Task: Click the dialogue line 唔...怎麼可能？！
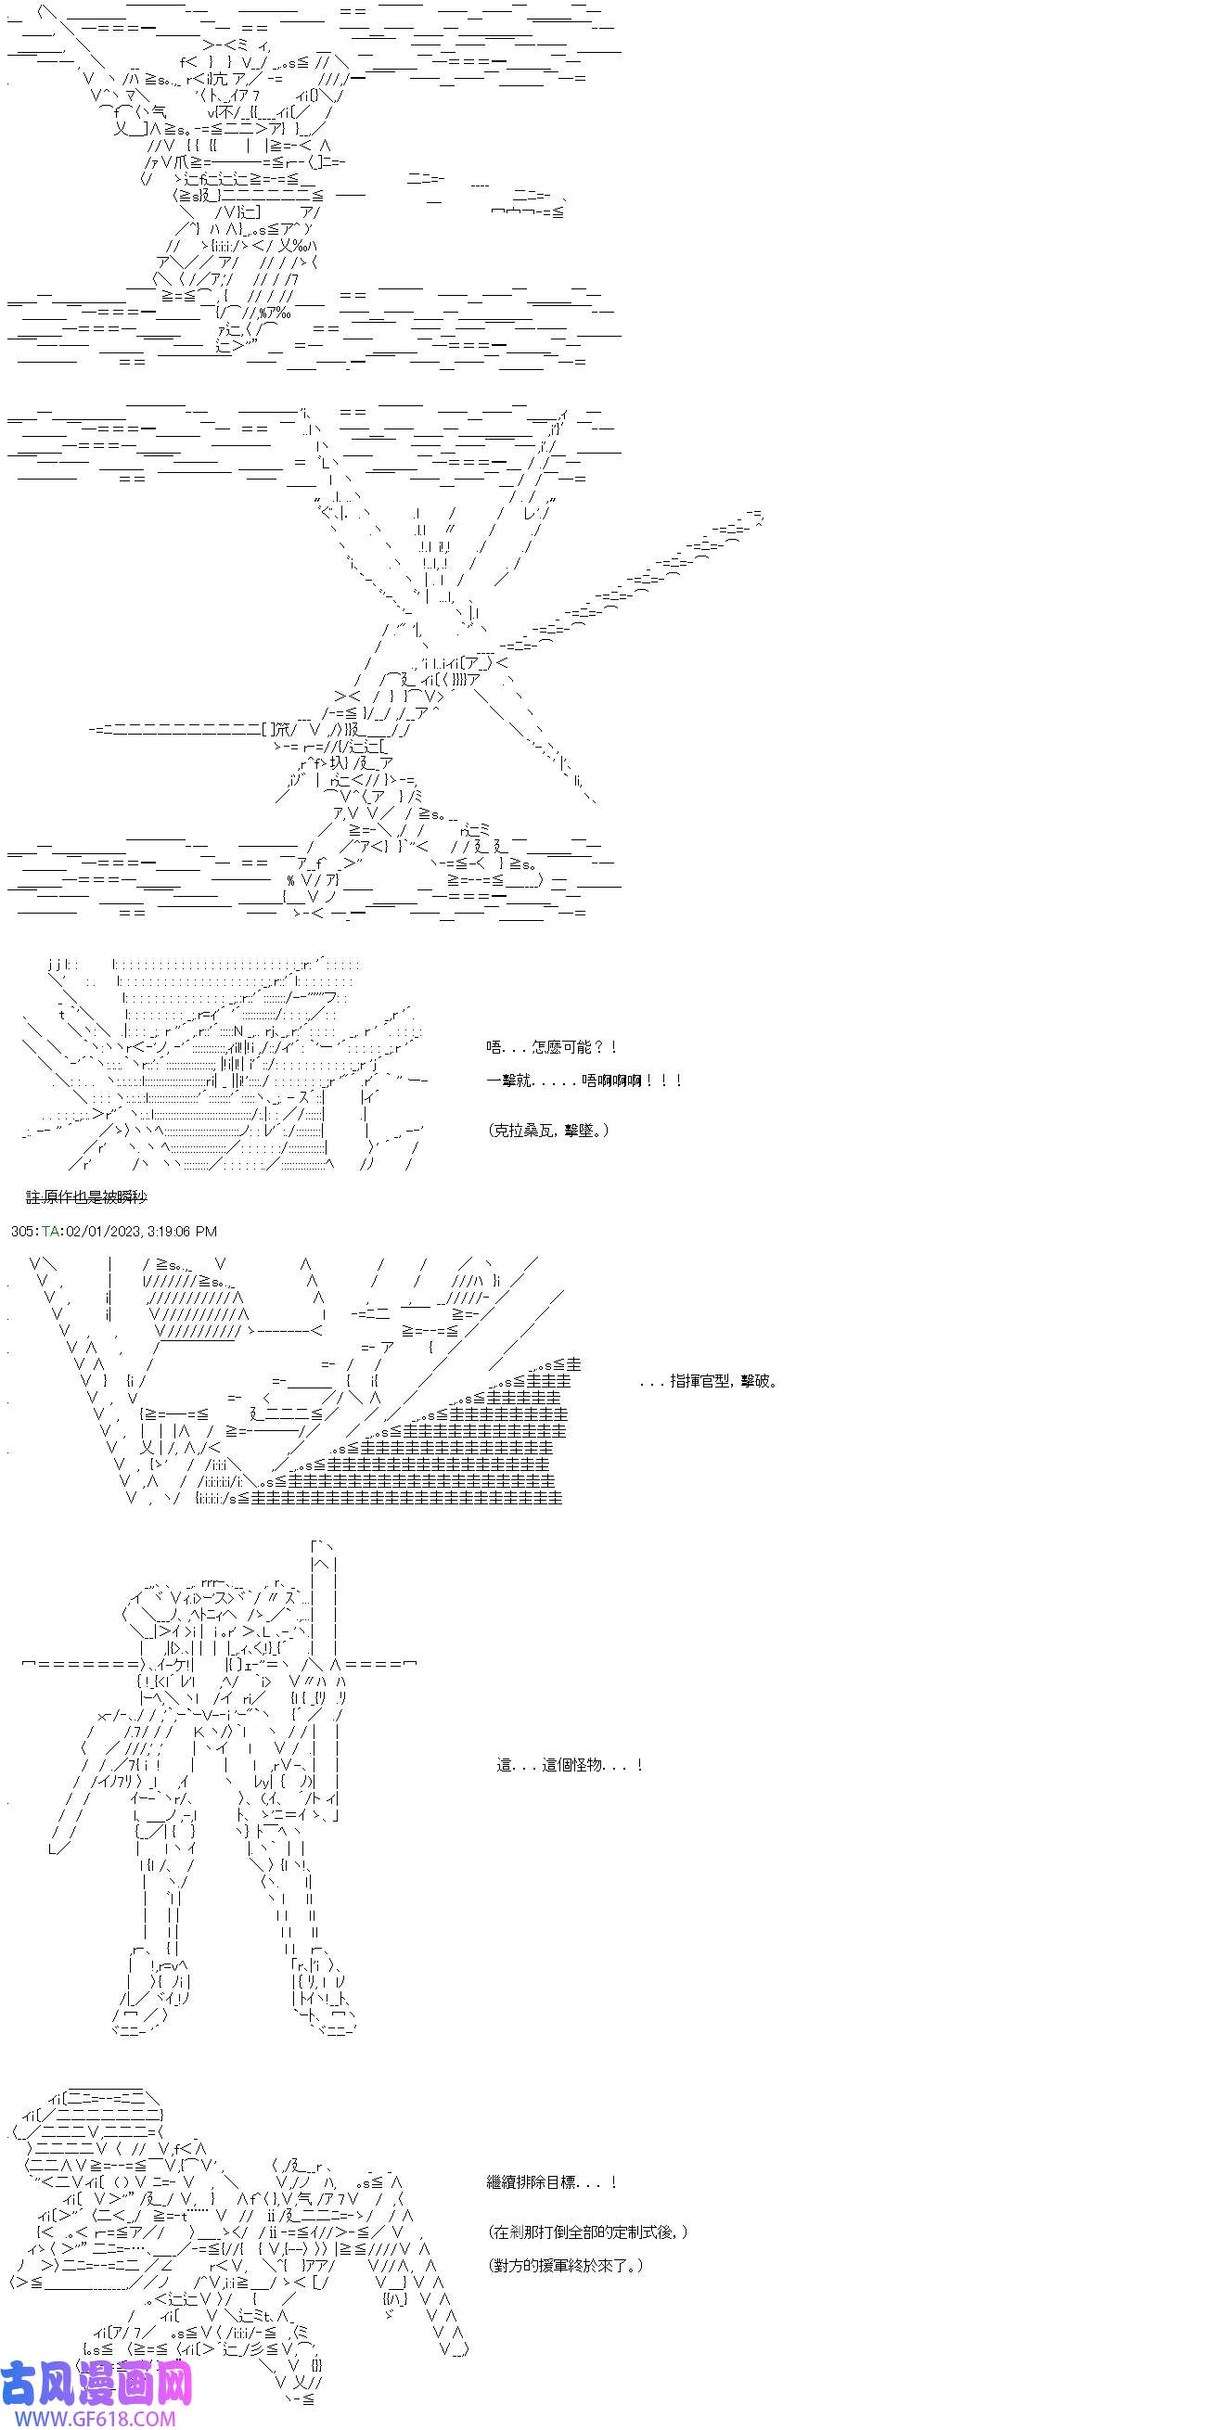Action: pos(553,1046)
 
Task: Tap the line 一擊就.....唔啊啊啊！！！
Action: pos(584,1081)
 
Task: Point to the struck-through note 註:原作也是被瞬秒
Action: pos(87,1197)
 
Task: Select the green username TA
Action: pos(50,1231)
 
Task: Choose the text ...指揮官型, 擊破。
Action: pos(709,1381)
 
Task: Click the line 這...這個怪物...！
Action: pos(570,1764)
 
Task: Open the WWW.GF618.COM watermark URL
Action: pos(89,2418)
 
